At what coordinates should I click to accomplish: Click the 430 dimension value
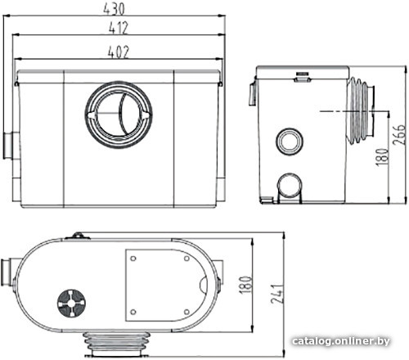[114, 9]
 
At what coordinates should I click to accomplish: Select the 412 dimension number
[118, 28]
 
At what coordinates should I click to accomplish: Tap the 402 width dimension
[118, 52]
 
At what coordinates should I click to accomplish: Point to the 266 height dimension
[399, 134]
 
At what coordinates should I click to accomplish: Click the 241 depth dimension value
[277, 294]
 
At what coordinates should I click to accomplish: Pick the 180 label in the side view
[382, 157]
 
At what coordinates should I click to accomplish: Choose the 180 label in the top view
[245, 285]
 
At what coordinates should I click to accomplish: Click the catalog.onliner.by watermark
[340, 341]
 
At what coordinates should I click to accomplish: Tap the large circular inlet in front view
[119, 115]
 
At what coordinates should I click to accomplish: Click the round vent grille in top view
[71, 304]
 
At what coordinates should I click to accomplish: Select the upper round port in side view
[290, 142]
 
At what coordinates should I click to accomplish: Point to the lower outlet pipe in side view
[290, 187]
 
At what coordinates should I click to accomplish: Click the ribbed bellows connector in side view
[361, 110]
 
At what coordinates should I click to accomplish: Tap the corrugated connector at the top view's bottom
[117, 344]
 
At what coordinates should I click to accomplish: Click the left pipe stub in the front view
[11, 146]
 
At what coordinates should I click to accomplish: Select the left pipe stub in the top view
[8, 272]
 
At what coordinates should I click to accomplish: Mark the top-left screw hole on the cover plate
[133, 259]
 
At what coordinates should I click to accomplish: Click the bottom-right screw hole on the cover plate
[187, 312]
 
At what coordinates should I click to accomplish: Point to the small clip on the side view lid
[303, 77]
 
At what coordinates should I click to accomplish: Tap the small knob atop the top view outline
[78, 236]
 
